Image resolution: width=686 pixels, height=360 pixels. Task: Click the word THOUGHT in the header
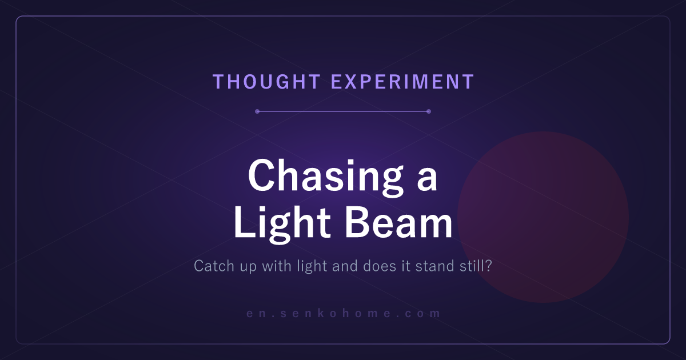[266, 82]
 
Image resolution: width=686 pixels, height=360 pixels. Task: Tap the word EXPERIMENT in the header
[402, 82]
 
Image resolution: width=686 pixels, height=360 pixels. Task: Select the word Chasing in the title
[325, 178]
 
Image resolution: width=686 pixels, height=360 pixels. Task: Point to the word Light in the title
[282, 224]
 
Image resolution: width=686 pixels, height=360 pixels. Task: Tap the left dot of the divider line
[257, 111]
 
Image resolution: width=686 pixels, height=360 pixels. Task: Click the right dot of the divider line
[429, 111]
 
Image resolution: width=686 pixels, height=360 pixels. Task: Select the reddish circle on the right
[543, 217]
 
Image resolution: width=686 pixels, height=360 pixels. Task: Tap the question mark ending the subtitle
[488, 266]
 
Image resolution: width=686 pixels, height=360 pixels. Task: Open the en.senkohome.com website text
[344, 314]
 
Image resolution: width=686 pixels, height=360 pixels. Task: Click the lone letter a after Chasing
[427, 181]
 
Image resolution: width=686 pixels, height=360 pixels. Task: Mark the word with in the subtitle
[277, 266]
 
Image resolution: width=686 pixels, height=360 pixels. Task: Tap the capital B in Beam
[358, 222]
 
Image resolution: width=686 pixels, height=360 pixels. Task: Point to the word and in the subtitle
[345, 266]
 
